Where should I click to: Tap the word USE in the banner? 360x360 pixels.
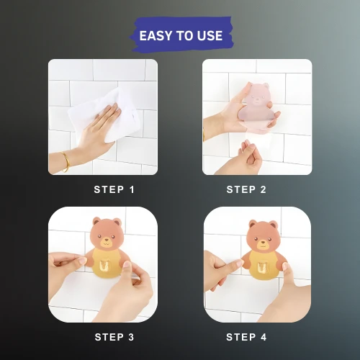point(210,36)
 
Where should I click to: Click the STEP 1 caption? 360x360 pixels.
point(114,189)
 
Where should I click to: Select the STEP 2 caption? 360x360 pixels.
point(246,189)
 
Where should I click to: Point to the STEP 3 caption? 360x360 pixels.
point(114,337)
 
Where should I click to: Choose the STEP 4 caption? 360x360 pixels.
point(246,337)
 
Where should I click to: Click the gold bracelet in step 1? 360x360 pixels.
point(66,161)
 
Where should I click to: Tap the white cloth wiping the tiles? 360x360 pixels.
point(103,114)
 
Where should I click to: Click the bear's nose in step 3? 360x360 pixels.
point(106,240)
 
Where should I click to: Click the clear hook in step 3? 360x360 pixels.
point(104,264)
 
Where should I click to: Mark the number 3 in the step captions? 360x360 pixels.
point(131,337)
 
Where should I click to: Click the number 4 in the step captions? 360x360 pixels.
point(264,337)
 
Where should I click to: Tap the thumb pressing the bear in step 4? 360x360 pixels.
point(287,271)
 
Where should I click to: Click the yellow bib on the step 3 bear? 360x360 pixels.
point(106,263)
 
